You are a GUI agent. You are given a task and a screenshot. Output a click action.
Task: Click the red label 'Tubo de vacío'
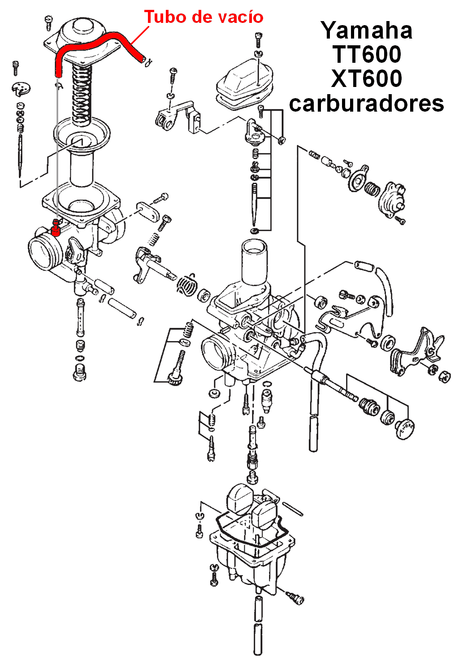click(204, 17)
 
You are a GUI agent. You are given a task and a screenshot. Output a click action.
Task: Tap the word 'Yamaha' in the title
click(367, 30)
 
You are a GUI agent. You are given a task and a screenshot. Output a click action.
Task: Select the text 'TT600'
click(367, 55)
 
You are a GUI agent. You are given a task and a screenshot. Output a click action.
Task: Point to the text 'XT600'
click(367, 79)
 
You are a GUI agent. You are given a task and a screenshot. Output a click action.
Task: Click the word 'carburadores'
click(367, 104)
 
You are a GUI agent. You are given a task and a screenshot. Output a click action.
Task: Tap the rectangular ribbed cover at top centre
click(244, 83)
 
